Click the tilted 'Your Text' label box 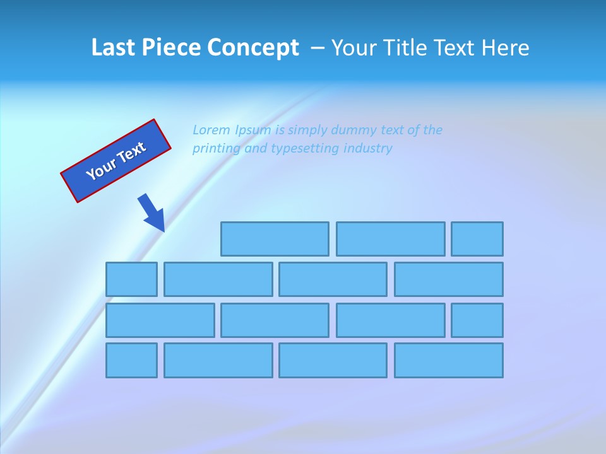pos(116,161)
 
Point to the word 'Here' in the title pos(506,48)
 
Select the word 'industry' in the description pos(369,149)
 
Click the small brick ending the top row pos(477,239)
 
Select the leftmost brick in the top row pos(275,239)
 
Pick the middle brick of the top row pos(390,239)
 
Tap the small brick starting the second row pos(131,279)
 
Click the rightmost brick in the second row pos(449,279)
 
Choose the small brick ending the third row pos(477,320)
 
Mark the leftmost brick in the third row pos(160,320)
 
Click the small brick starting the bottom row pos(131,361)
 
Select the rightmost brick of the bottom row pos(449,361)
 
